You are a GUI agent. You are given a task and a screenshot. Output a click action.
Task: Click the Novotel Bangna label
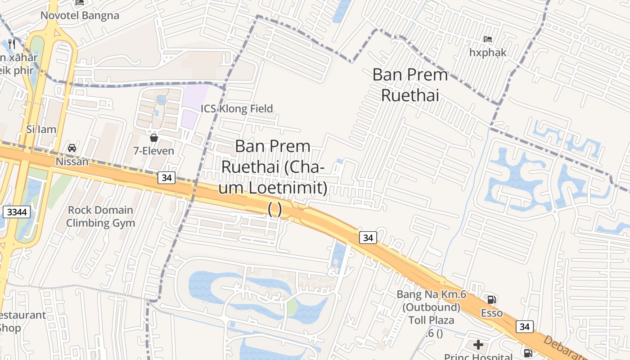tap(80, 16)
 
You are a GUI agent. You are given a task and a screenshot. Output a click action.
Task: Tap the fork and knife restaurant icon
tap(12, 44)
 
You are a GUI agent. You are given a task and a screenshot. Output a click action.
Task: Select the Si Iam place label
tap(41, 130)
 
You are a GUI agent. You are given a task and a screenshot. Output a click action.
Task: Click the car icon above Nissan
tap(72, 148)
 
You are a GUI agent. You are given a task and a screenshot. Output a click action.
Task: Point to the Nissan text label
tap(72, 161)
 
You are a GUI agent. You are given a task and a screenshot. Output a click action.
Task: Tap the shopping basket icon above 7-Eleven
tap(154, 137)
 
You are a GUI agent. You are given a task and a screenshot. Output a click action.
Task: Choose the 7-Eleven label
tap(153, 151)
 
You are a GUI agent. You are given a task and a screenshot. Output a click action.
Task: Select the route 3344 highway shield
tap(16, 212)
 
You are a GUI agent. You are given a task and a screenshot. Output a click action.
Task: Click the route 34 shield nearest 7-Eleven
tap(166, 178)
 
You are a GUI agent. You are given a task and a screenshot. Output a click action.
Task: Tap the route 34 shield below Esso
tap(525, 327)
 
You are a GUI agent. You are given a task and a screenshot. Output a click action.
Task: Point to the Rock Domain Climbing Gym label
tap(100, 216)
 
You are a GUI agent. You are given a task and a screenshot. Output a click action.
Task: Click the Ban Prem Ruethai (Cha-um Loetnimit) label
tap(273, 167)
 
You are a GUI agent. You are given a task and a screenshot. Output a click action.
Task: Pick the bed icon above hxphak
tap(487, 39)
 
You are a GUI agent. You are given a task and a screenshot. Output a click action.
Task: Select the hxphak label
tap(488, 53)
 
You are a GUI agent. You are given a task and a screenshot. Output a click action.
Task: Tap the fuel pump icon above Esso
tap(492, 299)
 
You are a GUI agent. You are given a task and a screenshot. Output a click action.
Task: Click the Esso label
tap(492, 313)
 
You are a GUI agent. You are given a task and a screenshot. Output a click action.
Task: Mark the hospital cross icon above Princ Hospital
tap(478, 345)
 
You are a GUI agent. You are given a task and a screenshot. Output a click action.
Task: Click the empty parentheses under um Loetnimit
tap(274, 209)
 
